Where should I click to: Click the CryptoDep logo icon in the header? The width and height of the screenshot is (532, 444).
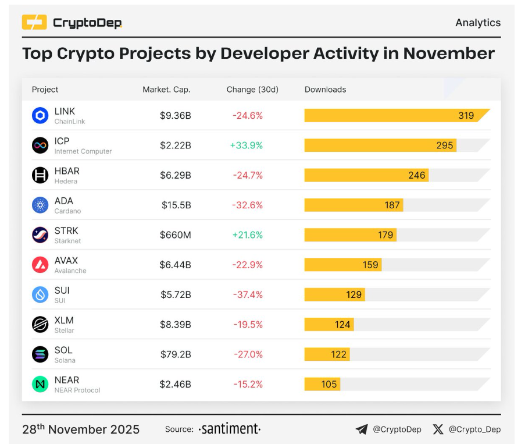click(x=34, y=23)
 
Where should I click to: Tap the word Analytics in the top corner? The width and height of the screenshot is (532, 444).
click(x=477, y=23)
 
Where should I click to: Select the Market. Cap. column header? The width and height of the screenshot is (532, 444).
click(x=166, y=90)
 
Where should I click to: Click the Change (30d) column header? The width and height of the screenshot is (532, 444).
click(x=252, y=90)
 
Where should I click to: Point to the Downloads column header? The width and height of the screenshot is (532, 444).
click(x=325, y=90)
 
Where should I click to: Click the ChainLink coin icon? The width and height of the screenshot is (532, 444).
click(x=40, y=115)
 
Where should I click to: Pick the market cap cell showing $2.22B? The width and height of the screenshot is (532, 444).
click(x=176, y=145)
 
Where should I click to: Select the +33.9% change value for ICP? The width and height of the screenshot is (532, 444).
click(x=247, y=145)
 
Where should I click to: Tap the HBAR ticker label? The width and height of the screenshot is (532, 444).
click(x=67, y=171)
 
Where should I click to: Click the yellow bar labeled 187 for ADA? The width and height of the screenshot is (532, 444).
click(x=354, y=205)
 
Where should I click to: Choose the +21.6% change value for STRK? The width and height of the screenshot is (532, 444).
click(x=247, y=235)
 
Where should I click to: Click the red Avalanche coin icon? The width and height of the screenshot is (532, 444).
click(x=40, y=265)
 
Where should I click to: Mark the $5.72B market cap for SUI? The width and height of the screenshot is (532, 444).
click(x=176, y=295)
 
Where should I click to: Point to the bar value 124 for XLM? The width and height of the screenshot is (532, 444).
click(x=342, y=325)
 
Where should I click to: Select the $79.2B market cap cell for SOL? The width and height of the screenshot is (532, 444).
click(x=176, y=354)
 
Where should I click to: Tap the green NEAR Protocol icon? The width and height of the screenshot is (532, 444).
click(x=40, y=384)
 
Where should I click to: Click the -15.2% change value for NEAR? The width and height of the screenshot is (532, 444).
click(x=248, y=385)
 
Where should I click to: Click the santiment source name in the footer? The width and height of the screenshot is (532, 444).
click(x=230, y=429)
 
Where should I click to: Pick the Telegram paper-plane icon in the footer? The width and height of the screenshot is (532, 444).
click(x=362, y=429)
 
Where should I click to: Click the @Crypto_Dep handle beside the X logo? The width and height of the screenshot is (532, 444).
click(x=474, y=429)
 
